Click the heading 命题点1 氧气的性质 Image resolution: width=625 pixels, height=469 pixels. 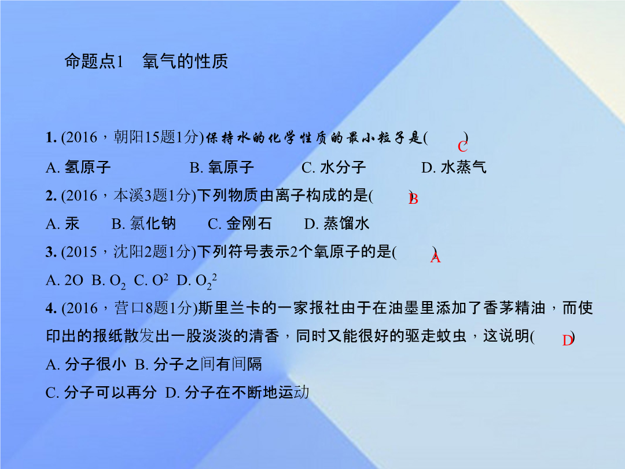pyautogui.click(x=146, y=61)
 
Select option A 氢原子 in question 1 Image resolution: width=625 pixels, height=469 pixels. pyautogui.click(x=78, y=167)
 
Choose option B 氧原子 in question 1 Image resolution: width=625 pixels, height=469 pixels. pyautogui.click(x=222, y=167)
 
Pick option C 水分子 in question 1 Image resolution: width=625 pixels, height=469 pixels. pyautogui.click(x=334, y=167)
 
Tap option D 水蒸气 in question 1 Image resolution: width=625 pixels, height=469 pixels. pyautogui.click(x=454, y=167)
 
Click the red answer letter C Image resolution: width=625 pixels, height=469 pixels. pyautogui.click(x=462, y=146)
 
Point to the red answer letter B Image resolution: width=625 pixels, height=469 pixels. pyautogui.click(x=413, y=199)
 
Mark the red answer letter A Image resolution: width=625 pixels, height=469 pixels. pyautogui.click(x=435, y=258)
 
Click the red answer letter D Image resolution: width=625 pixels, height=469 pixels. pyautogui.click(x=568, y=340)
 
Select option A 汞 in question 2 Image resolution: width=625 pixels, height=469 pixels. pyautogui.click(x=62, y=223)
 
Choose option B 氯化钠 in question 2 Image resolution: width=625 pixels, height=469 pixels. pyautogui.click(x=144, y=223)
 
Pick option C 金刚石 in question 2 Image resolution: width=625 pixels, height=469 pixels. pyautogui.click(x=240, y=223)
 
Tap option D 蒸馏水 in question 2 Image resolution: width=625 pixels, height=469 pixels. pyautogui.click(x=337, y=223)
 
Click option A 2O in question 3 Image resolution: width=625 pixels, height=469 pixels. pyautogui.click(x=65, y=280)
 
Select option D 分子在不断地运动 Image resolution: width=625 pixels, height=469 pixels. pyautogui.click(x=237, y=393)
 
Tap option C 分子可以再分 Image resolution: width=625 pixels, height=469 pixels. pyautogui.click(x=101, y=393)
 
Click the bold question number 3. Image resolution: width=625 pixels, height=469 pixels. pyautogui.click(x=51, y=252)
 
